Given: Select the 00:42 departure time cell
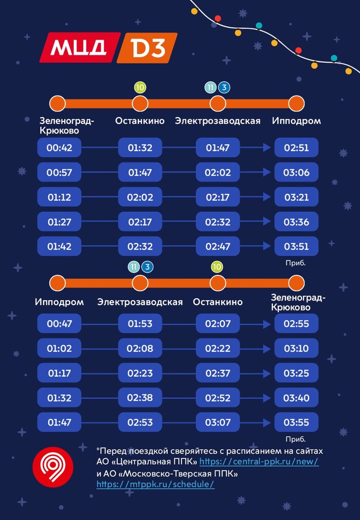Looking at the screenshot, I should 59,148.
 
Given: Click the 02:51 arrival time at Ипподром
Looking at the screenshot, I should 296,148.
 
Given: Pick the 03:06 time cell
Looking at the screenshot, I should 296,173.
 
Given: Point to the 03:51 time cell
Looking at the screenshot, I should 296,246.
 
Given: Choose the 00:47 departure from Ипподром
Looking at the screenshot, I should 59,324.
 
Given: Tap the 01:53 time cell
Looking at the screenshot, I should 140,324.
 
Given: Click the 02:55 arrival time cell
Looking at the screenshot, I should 296,324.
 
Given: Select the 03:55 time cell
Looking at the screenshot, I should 296,422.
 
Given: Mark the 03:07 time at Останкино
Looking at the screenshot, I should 218,422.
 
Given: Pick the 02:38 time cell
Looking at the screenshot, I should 140,398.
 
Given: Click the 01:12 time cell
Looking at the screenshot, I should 59,197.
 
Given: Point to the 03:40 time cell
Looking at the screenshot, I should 296,398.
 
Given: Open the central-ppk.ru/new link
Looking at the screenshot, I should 259,461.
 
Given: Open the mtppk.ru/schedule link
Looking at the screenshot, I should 155,484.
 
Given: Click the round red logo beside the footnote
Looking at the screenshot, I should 52,467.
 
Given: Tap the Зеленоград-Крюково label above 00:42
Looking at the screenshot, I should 67,125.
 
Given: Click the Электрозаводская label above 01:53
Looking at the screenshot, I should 140,302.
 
